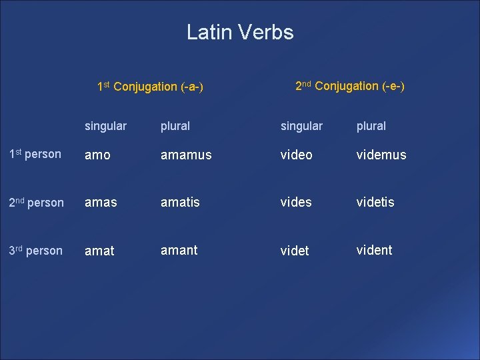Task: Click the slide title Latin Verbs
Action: tap(240, 32)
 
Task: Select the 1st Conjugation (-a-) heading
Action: tap(150, 87)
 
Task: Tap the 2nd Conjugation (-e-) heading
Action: tap(349, 86)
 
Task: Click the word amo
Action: tap(98, 155)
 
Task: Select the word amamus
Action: tap(186, 155)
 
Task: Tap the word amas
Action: tap(100, 202)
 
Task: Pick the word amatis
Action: tap(180, 202)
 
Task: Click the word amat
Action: tap(99, 251)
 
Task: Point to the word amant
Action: tap(179, 250)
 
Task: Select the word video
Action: tap(296, 155)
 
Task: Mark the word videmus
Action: tap(381, 155)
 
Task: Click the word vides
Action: tap(296, 202)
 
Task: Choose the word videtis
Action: tap(375, 202)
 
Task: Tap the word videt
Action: tap(295, 251)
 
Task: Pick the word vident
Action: tap(374, 250)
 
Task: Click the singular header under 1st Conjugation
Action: tap(105, 126)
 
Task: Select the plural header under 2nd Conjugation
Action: tap(371, 126)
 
